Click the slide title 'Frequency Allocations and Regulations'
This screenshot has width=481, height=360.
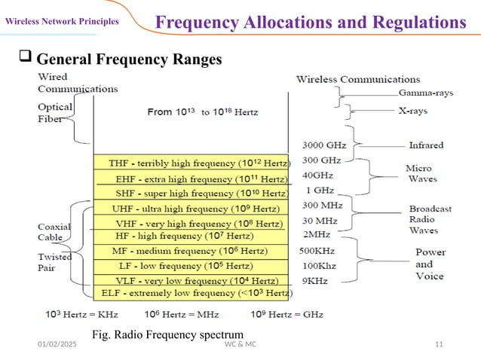310,22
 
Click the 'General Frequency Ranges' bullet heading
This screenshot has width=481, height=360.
128,59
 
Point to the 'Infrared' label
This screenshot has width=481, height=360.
426,145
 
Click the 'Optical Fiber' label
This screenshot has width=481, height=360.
55,113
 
